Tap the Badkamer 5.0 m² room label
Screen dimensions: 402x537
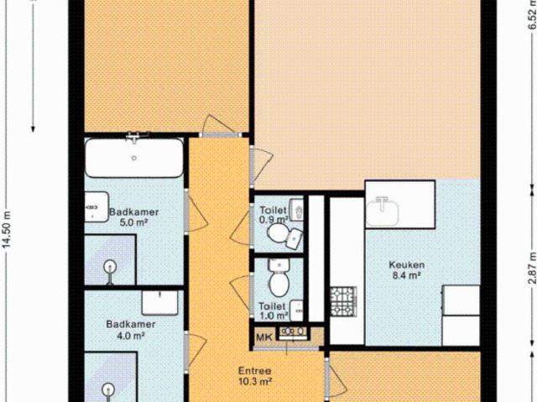coord(134,217)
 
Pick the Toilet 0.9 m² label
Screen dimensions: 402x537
coord(273,215)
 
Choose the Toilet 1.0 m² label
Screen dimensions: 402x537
coord(273,311)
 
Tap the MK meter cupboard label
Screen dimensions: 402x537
coord(263,337)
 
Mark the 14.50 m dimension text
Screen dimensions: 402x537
coord(8,226)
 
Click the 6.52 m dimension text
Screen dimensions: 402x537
coord(530,15)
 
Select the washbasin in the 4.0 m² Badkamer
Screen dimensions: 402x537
coord(158,301)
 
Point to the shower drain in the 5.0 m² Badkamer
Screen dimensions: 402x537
coord(108,269)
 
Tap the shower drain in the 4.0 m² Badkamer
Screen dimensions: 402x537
coord(108,389)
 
